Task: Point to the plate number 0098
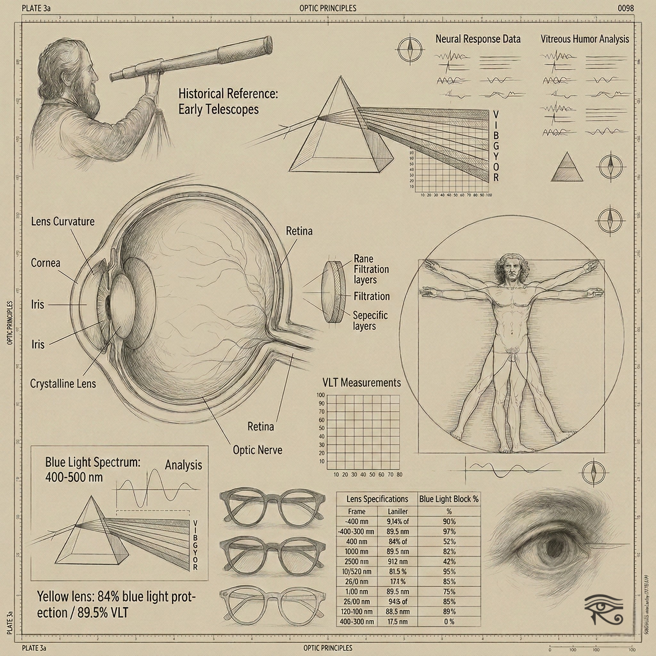[x=626, y=8]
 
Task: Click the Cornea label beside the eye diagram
[x=45, y=263]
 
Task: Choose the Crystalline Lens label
[x=63, y=384]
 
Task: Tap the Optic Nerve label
[x=258, y=450]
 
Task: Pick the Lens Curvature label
[x=63, y=221]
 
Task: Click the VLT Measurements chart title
[x=361, y=383]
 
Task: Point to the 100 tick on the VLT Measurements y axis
[x=321, y=395]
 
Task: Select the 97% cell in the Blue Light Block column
[x=449, y=531]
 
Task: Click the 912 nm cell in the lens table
[x=398, y=562]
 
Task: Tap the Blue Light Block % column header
[x=448, y=499]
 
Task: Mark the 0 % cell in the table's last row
[x=449, y=622]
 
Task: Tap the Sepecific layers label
[x=370, y=321]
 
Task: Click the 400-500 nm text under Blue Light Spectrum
[x=74, y=477]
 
